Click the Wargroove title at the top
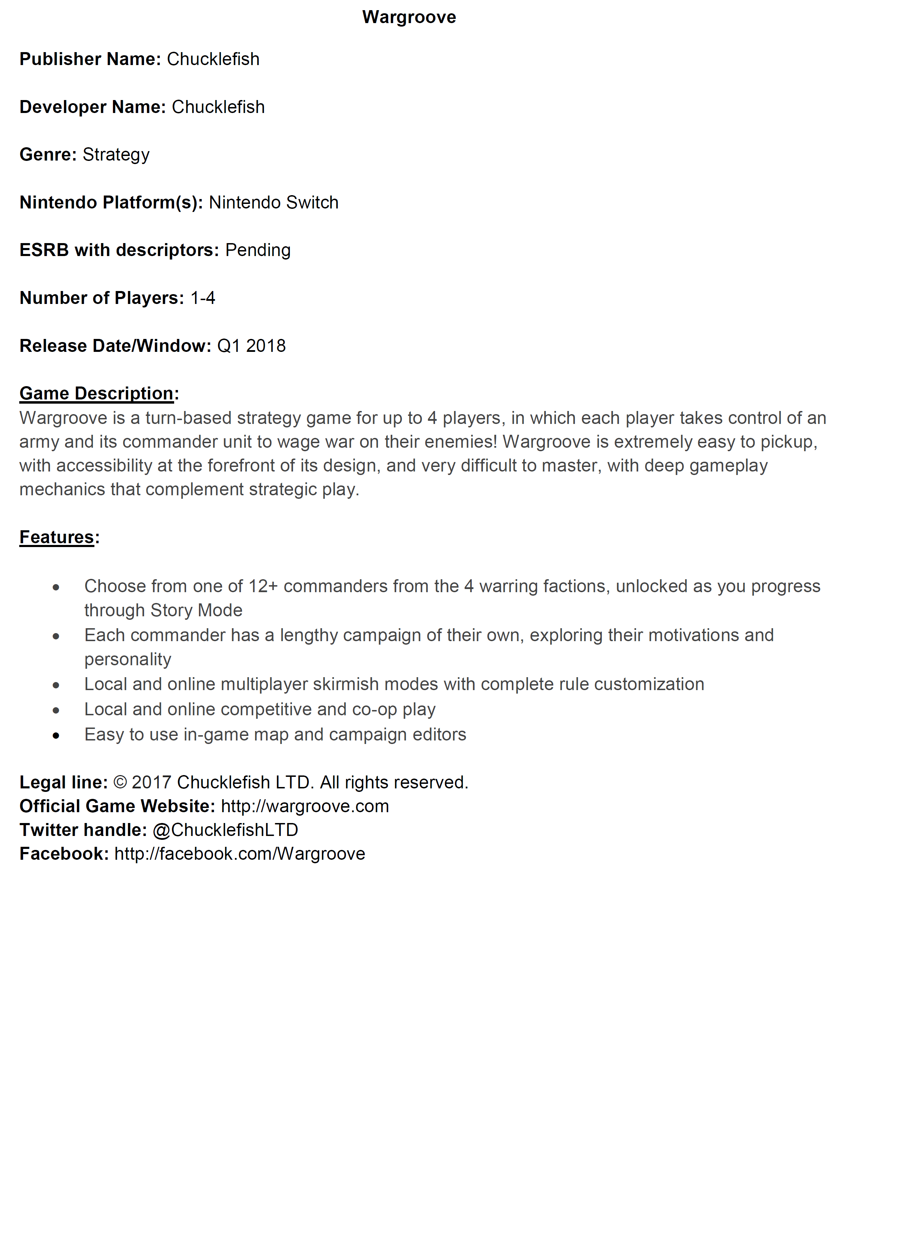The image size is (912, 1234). (409, 17)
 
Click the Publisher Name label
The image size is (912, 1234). (90, 59)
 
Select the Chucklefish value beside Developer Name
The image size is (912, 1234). (218, 107)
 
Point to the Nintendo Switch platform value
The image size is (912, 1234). (273, 203)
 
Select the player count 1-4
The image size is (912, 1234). (202, 298)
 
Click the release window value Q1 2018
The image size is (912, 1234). (251, 346)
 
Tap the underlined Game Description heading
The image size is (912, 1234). (97, 393)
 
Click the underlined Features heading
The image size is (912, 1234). (57, 537)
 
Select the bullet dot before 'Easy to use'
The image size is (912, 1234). (56, 736)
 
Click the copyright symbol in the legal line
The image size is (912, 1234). (120, 783)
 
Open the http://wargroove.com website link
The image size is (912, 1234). (305, 807)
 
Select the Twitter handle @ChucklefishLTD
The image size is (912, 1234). (225, 830)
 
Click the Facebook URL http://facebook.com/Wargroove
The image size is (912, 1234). (240, 854)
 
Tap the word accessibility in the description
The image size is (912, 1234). (104, 466)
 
